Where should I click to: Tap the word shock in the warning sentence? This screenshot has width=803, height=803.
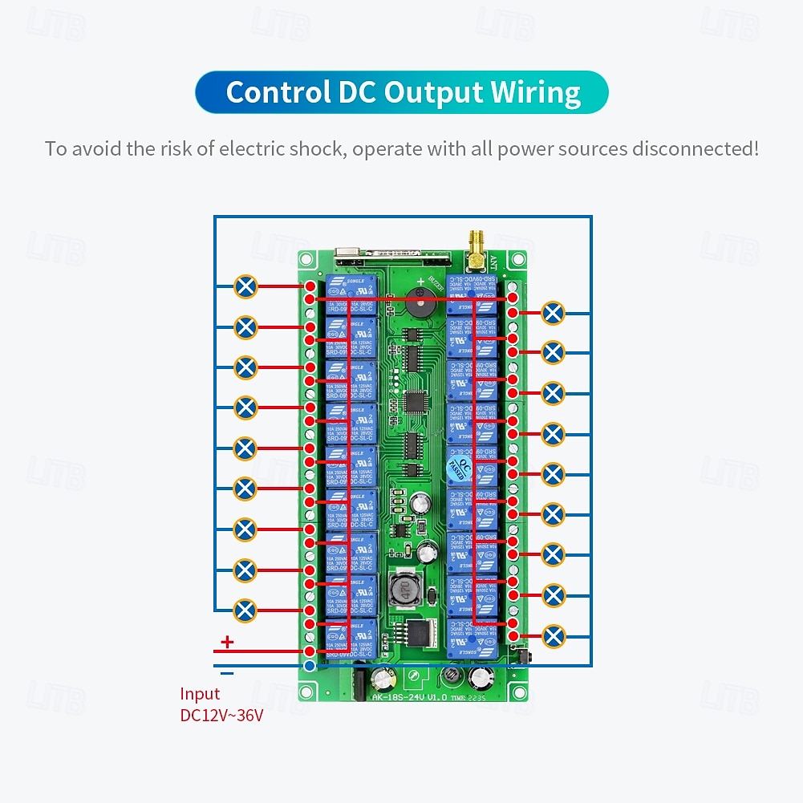316,148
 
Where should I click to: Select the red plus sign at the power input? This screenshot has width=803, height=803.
227,641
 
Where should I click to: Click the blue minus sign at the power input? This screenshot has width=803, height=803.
227,673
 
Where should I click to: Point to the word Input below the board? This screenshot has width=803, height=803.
200,694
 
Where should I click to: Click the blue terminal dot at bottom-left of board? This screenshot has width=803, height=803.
310,666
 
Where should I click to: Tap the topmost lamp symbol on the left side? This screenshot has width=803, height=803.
245,286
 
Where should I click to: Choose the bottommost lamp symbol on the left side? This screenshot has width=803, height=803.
245,610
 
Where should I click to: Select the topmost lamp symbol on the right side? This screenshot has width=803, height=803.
554,312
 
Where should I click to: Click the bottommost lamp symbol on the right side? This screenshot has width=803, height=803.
554,635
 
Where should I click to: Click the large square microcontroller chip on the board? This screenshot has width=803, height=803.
415,399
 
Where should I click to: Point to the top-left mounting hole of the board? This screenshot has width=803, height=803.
306,260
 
